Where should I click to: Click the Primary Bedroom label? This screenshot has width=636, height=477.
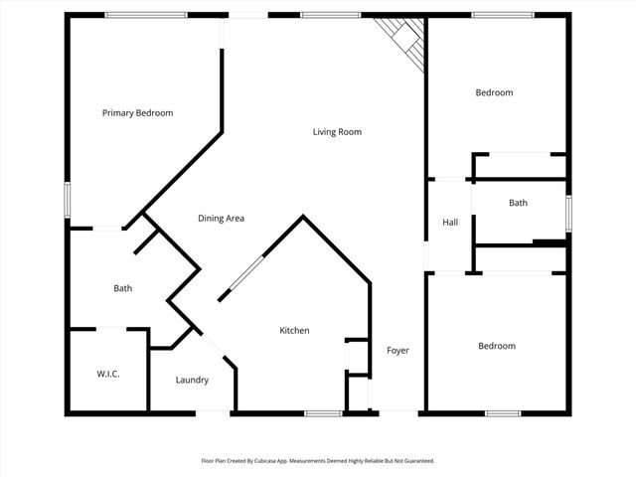(137, 113)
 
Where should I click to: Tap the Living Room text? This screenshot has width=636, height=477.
(337, 131)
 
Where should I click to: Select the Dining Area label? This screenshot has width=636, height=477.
(221, 219)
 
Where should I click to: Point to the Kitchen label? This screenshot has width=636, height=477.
(294, 331)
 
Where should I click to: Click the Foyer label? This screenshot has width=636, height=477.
(397, 351)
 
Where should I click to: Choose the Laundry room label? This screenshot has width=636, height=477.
(192, 380)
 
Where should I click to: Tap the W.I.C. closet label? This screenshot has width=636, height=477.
(108, 375)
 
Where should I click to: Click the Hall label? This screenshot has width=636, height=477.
(450, 223)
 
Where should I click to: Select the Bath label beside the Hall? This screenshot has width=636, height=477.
(518, 203)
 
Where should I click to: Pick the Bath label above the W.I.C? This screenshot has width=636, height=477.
(122, 289)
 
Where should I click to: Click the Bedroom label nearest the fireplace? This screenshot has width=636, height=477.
(494, 92)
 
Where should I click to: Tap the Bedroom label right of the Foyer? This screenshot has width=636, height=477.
(497, 346)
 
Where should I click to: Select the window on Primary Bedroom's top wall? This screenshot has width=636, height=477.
(146, 15)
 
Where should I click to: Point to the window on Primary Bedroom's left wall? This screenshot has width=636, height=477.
(68, 199)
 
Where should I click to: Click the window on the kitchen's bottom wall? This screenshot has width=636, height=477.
(324, 413)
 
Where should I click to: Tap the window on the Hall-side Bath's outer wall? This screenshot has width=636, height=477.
(568, 212)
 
